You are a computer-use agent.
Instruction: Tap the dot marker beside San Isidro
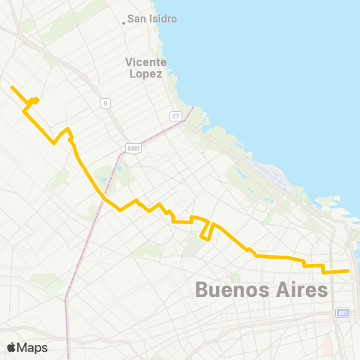point(124,22)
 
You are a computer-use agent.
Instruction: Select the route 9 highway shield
point(106,103)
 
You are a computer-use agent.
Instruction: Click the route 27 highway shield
point(175,115)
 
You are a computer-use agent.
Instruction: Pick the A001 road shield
point(133,148)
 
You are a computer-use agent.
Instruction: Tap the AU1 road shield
point(343,313)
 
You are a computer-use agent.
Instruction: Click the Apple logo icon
point(11,347)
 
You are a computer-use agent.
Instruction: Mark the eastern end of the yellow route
point(349,271)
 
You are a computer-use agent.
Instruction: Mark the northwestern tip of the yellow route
point(11,87)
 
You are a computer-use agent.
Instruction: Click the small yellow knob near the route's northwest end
point(35,100)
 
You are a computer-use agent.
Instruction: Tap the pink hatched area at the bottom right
point(327,345)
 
